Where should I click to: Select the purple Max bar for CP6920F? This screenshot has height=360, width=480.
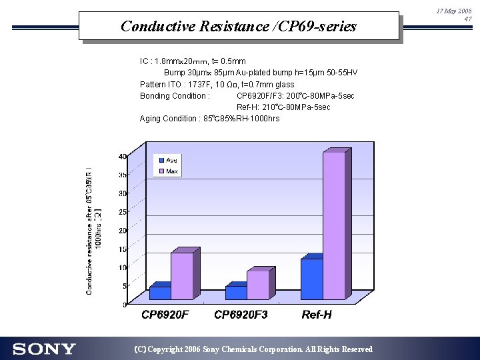182,276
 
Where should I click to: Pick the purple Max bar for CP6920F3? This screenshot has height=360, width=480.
258,285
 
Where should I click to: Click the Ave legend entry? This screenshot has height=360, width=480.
167,161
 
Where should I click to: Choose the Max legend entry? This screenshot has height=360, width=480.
167,171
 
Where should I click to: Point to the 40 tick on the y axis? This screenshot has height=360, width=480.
123,157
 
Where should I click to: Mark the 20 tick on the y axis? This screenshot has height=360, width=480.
123,231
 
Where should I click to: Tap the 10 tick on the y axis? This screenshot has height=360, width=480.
123,267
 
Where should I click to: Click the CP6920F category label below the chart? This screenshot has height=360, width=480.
165,315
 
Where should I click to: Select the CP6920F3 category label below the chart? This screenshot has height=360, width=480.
241,315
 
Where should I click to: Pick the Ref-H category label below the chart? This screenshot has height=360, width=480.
317,315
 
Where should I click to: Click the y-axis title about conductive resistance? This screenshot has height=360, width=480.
93,230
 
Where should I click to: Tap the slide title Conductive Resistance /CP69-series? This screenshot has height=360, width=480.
239,27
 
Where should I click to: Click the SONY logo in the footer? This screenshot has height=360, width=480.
44,349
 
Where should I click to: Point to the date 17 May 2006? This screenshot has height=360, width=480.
454,11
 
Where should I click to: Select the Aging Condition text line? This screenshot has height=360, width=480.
209,119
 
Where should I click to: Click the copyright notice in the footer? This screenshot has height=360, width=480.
253,349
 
